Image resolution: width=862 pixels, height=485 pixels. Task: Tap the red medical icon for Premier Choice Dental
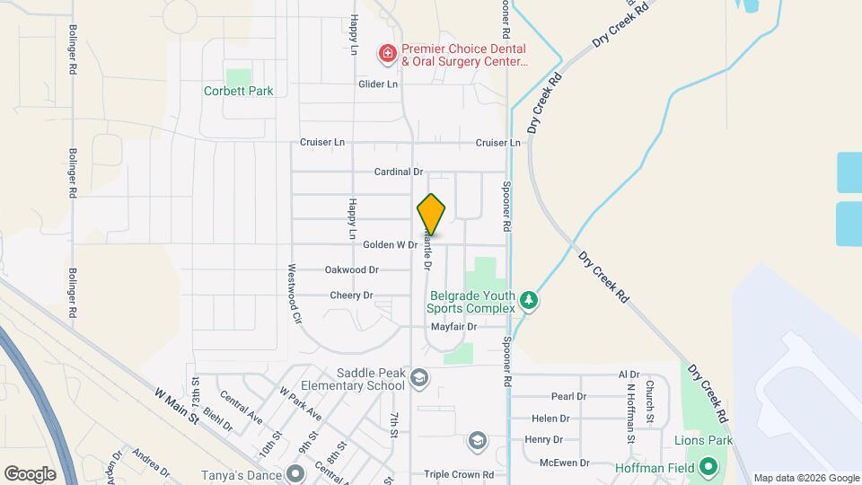(x=388, y=55)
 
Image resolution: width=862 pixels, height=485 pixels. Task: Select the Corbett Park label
(x=238, y=91)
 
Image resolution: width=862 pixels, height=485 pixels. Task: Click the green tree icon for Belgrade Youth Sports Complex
(x=530, y=302)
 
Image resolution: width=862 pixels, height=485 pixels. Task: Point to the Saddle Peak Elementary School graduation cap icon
(x=418, y=379)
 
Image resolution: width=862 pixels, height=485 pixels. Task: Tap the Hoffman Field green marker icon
(x=708, y=467)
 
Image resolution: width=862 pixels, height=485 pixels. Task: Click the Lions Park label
(x=704, y=440)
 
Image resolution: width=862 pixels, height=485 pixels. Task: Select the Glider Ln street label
(x=378, y=84)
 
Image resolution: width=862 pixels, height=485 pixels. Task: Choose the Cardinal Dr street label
(x=399, y=172)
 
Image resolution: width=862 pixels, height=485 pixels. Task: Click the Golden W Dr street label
(x=391, y=244)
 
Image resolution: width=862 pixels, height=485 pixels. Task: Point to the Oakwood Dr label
(x=352, y=269)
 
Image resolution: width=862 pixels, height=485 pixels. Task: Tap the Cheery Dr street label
(x=351, y=295)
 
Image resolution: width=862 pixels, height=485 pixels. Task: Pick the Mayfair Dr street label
(x=453, y=327)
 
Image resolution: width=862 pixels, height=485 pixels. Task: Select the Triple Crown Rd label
(x=460, y=474)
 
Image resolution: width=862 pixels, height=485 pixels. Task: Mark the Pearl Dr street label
(x=568, y=396)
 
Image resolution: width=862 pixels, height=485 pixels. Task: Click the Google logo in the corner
(x=31, y=473)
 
